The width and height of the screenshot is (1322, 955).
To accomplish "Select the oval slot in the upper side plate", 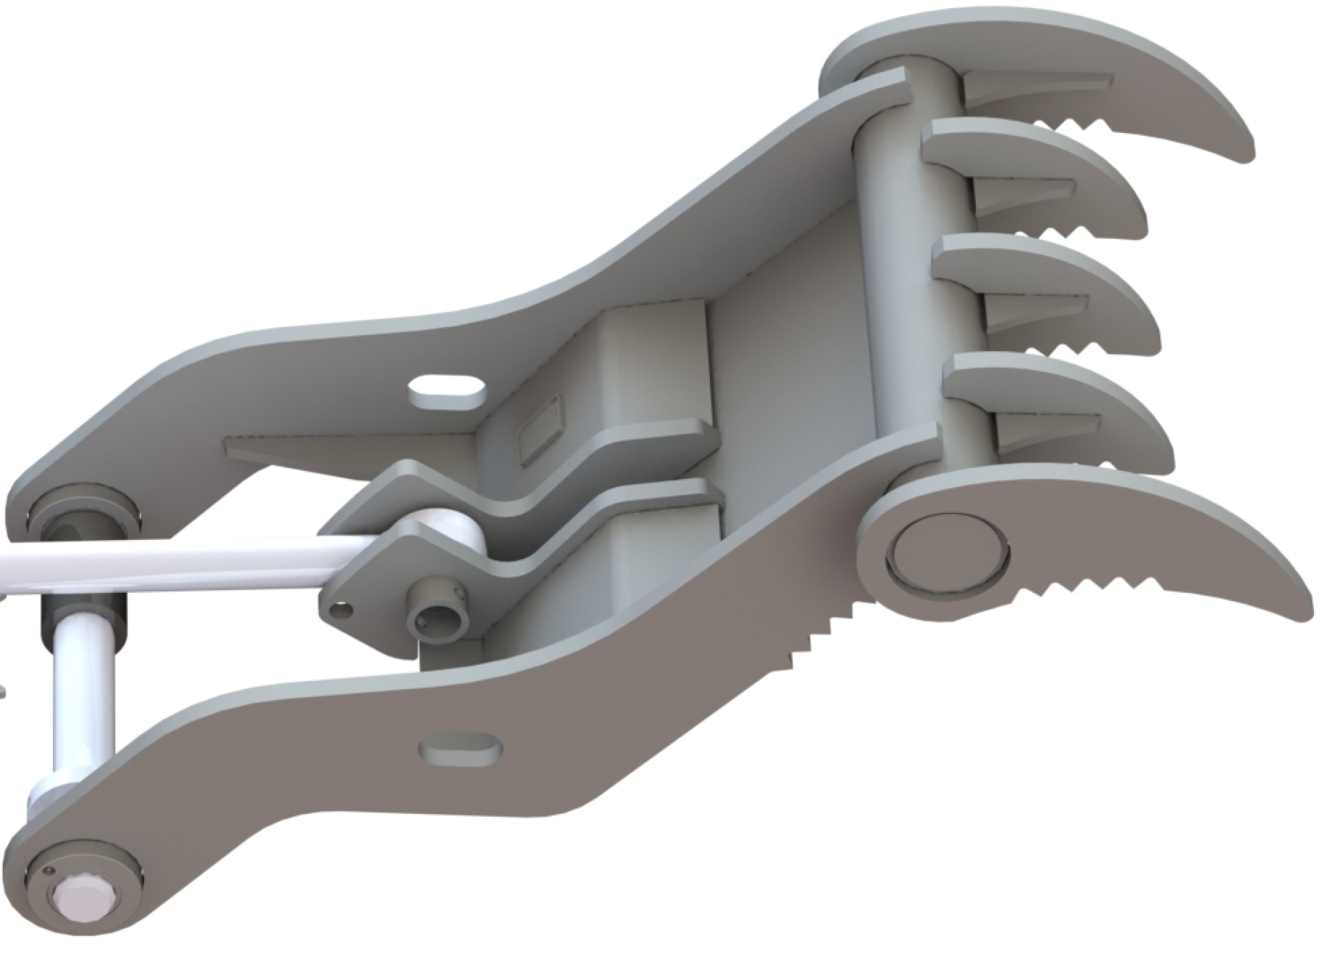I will pyautogui.click(x=448, y=392).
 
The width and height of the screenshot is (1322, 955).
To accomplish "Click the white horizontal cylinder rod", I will pyautogui.click(x=184, y=564).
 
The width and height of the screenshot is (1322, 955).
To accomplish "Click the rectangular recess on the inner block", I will pyautogui.click(x=540, y=429).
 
